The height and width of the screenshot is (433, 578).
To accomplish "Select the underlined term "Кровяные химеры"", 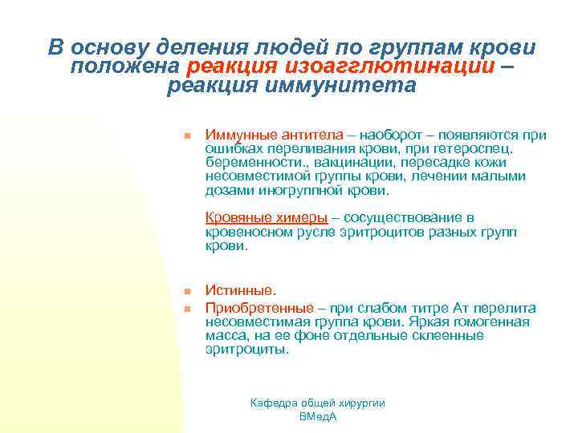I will (267, 217).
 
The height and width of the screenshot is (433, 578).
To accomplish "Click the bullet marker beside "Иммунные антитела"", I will (185, 136).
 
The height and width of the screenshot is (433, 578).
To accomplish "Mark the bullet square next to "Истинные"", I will (185, 291).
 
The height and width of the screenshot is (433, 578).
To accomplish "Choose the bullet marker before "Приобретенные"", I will (185, 308).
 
